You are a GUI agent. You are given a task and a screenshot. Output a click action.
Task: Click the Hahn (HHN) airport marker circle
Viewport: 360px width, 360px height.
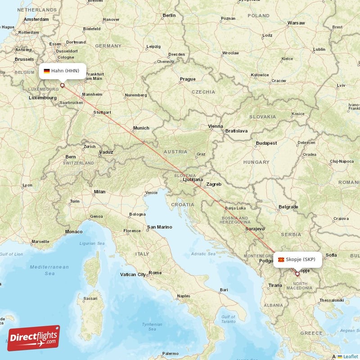[62, 85]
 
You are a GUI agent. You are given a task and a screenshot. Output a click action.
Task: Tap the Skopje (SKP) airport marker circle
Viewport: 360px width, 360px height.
[297, 273]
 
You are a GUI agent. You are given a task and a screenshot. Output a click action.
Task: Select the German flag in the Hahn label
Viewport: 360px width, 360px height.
[46, 71]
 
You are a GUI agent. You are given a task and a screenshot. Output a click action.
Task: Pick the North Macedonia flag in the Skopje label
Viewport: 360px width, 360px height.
[281, 260]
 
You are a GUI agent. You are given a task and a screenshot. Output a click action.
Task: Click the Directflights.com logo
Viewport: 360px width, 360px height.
[34, 338]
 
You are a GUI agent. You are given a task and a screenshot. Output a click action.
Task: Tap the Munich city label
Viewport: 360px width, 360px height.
[141, 128]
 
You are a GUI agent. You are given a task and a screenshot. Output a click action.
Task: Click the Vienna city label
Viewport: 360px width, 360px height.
[216, 126]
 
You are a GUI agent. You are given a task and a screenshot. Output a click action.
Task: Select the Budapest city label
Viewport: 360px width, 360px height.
[266, 143]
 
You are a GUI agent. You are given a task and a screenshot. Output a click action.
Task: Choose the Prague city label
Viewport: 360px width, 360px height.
[188, 79]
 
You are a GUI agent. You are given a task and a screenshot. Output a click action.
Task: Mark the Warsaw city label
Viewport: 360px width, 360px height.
[296, 22]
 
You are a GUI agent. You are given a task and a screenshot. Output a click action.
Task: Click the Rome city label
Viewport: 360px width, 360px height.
[155, 273]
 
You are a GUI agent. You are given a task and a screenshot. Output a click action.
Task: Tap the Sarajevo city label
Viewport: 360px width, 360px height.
[255, 229]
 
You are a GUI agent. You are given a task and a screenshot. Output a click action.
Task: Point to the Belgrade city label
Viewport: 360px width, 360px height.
[288, 207]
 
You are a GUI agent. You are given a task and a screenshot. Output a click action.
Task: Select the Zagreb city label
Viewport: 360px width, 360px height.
[214, 184]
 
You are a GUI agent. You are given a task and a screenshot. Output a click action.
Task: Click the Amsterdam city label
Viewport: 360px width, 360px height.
[36, 19]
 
